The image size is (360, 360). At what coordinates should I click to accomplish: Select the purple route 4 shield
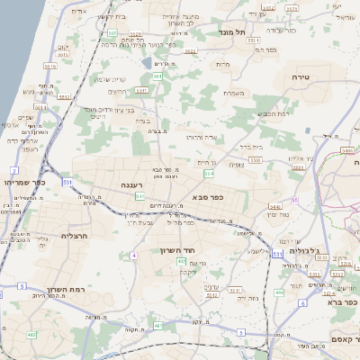point(133,256)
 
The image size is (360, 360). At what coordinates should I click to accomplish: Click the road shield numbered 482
point(32,335)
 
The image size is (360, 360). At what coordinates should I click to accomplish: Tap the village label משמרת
point(232,93)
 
